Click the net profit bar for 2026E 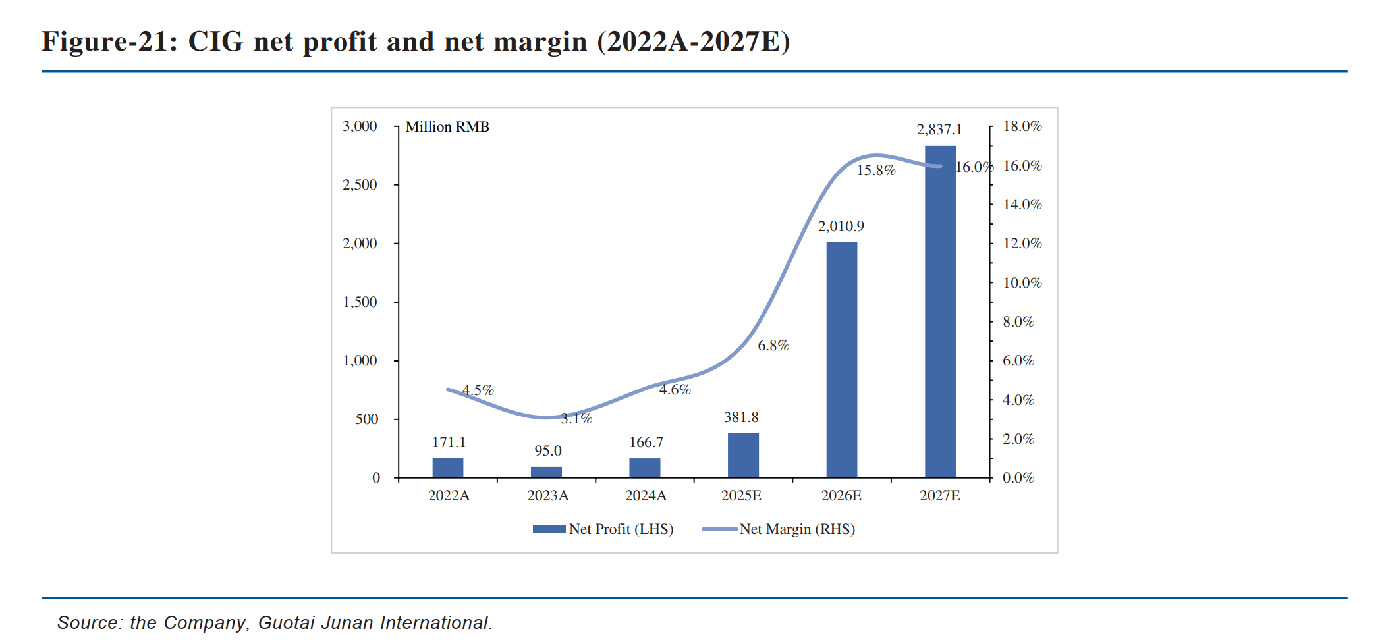point(841,360)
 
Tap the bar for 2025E point(743,455)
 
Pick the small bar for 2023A point(546,472)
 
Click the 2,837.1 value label point(939,130)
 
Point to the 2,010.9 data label point(841,227)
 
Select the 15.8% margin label point(876,171)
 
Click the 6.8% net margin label point(773,346)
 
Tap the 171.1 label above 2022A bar point(449,443)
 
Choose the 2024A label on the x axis point(646,496)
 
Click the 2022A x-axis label point(449,496)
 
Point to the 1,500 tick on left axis point(360,302)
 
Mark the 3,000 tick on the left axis point(360,126)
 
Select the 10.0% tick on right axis point(1022,283)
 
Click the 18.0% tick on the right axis point(1022,126)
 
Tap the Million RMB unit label point(447,127)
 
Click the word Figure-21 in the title point(109,41)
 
